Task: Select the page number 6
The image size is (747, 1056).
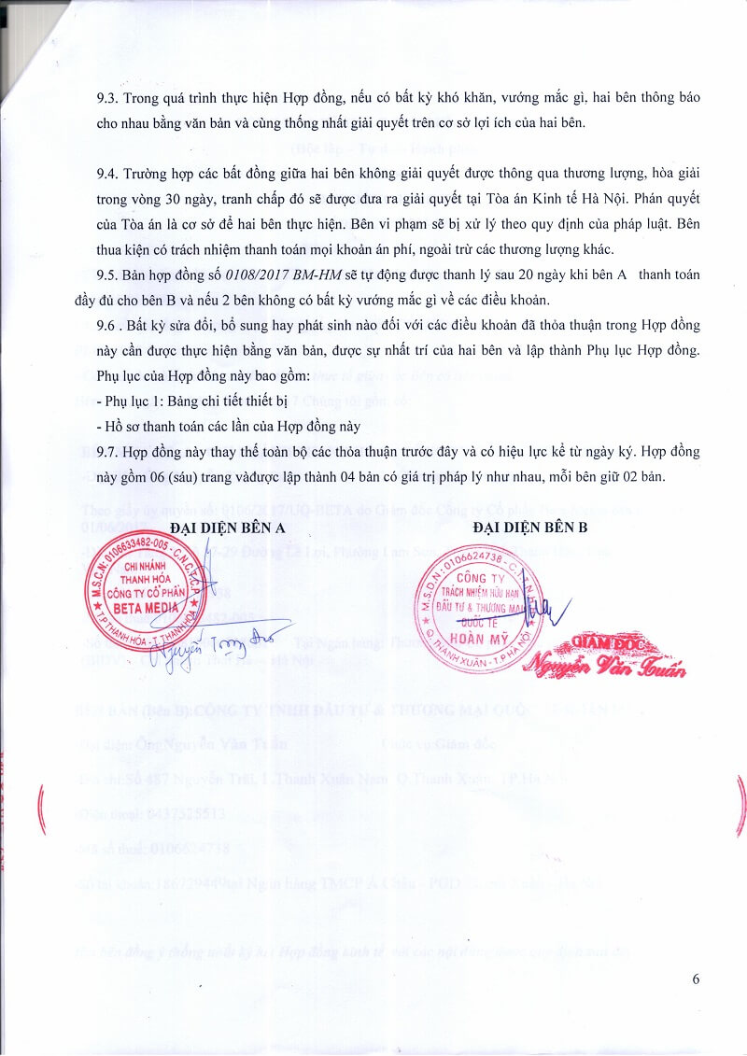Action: [x=696, y=979]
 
